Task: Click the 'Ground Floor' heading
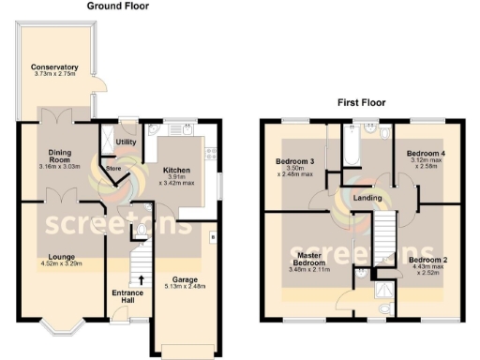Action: click(x=117, y=6)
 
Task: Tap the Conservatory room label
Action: click(x=53, y=67)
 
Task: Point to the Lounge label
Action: click(x=63, y=256)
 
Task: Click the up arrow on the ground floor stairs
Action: click(x=141, y=278)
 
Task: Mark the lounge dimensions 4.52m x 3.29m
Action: click(x=63, y=264)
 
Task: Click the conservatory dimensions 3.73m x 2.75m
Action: click(x=53, y=75)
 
